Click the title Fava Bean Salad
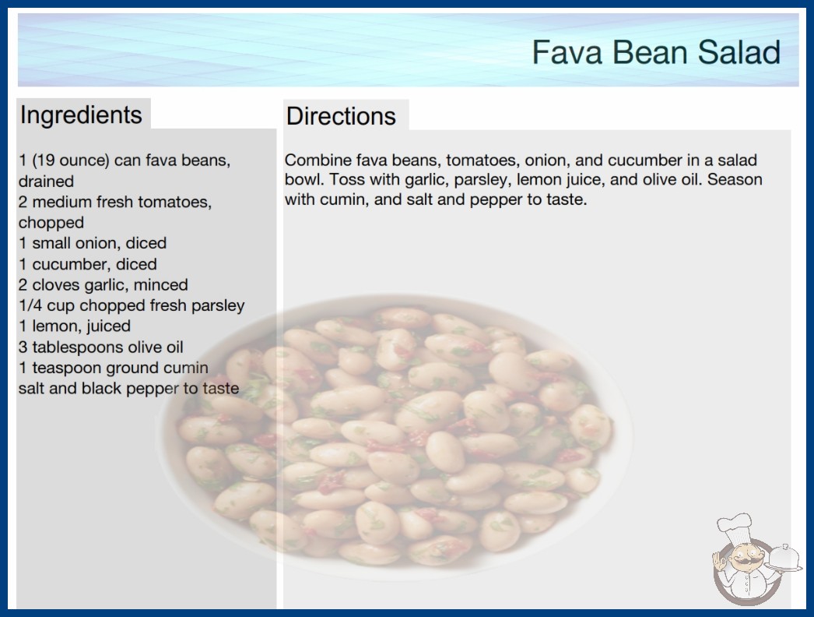[x=656, y=52]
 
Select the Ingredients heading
[x=81, y=115]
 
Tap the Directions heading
[x=341, y=116]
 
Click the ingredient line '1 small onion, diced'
[x=93, y=243]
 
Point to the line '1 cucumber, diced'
[x=88, y=264]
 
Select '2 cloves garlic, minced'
[x=104, y=285]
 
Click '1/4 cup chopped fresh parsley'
[x=132, y=305]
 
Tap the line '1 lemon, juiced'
[x=75, y=326]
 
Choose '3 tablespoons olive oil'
[x=101, y=347]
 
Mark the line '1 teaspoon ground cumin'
[x=114, y=368]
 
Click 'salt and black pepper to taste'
[x=128, y=388]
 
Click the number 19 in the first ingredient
[x=44, y=160]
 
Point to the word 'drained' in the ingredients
[x=46, y=182]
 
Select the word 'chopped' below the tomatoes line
[x=51, y=223]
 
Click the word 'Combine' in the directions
[x=318, y=160]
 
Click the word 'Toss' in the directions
[x=346, y=180]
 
